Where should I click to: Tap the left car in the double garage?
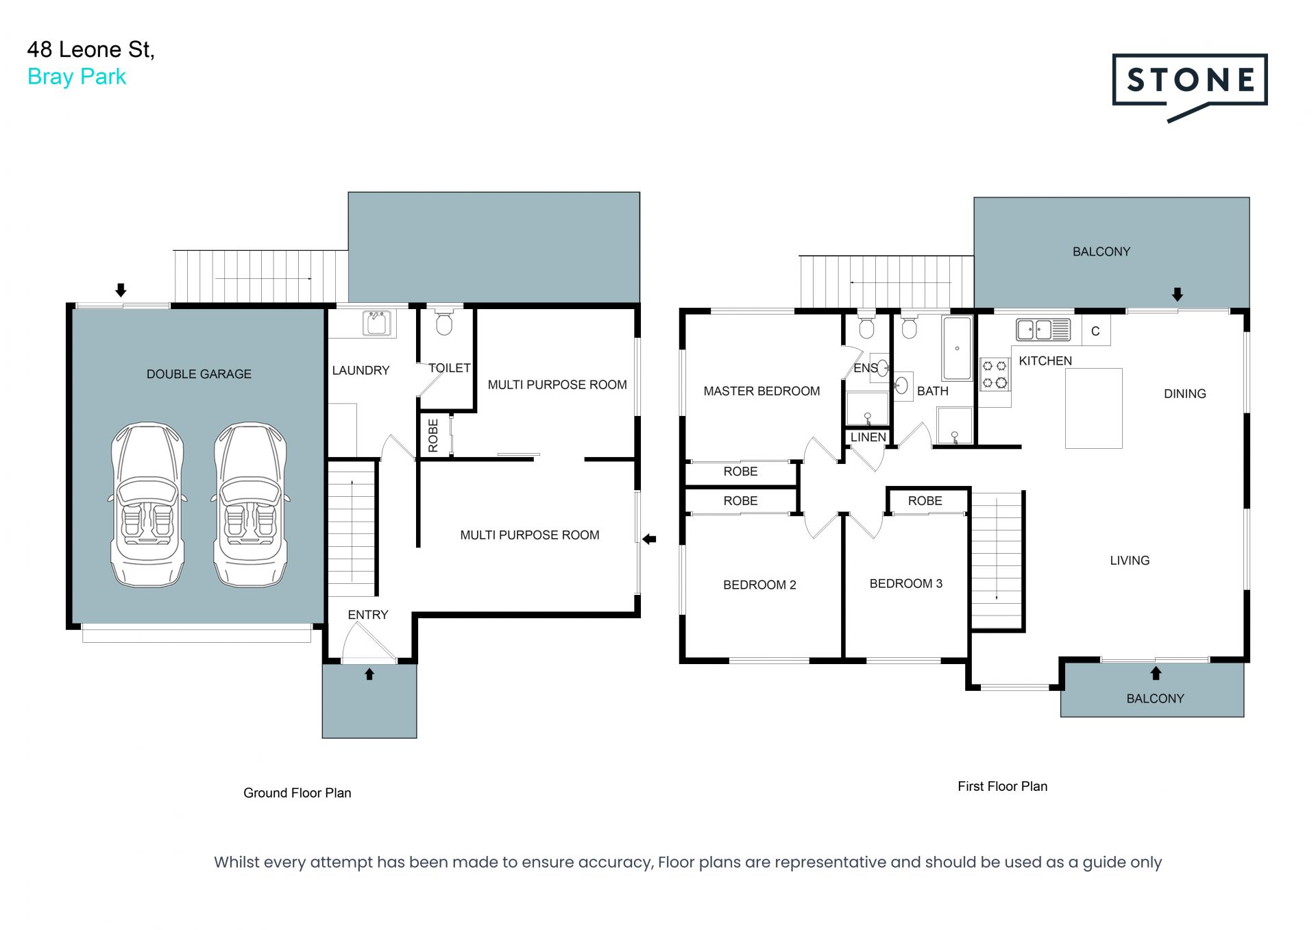click(x=147, y=504)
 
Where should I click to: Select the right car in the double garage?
click(x=250, y=504)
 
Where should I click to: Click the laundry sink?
click(x=377, y=323)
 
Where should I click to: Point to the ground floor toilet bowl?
click(x=444, y=323)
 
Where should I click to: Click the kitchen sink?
click(x=1043, y=330)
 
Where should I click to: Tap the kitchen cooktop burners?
click(x=995, y=374)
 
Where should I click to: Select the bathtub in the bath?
click(x=957, y=348)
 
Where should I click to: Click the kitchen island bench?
click(x=1093, y=408)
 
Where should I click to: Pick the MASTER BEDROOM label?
click(x=761, y=391)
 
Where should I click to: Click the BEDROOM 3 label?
click(x=905, y=584)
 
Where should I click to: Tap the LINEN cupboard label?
click(x=868, y=437)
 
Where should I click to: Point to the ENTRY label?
click(x=368, y=615)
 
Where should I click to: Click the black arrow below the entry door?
click(x=369, y=674)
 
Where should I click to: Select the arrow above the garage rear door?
click(x=121, y=290)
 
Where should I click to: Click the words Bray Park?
click(x=77, y=77)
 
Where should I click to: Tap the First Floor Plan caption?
click(x=1002, y=787)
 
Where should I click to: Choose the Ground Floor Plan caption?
click(x=297, y=793)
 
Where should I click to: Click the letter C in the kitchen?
click(x=1095, y=332)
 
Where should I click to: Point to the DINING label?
click(x=1184, y=394)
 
